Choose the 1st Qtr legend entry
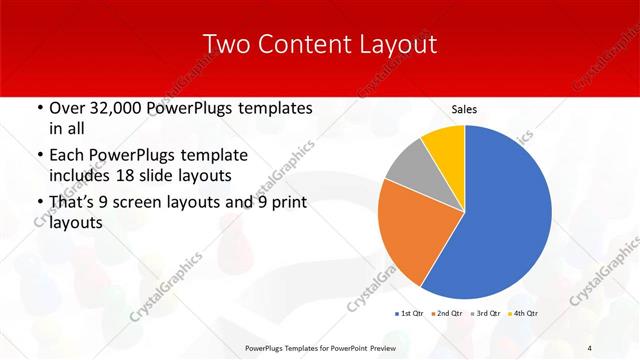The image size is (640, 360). (410, 313)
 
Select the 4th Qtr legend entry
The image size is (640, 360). (525, 313)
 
